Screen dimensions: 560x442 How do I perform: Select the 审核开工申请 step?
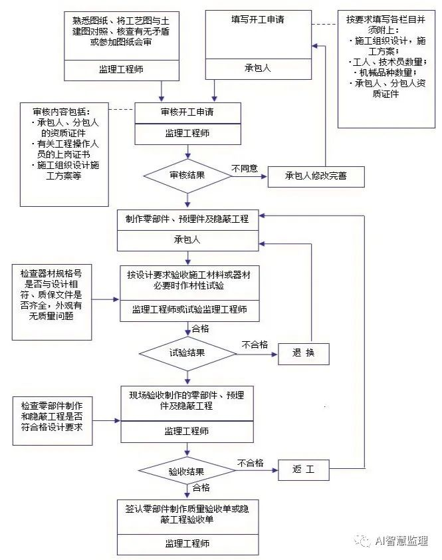[187, 112]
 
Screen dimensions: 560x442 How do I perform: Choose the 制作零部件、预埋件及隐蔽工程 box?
[187, 218]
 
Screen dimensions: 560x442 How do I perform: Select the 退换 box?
[302, 353]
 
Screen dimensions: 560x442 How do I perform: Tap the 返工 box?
[302, 471]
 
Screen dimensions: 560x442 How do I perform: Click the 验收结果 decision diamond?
[187, 471]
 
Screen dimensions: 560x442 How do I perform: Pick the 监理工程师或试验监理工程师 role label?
[187, 309]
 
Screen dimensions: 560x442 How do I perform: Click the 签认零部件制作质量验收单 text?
[187, 513]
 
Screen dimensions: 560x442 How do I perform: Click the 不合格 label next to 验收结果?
[250, 462]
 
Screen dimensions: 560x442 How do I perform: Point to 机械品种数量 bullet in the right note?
[387, 72]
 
